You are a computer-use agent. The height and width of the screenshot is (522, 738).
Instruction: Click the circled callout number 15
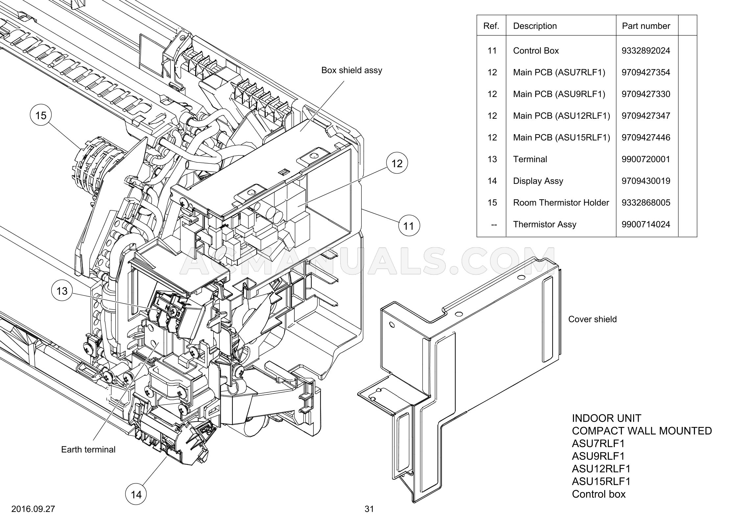coord(41,115)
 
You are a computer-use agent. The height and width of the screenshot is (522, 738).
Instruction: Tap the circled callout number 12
coord(397,163)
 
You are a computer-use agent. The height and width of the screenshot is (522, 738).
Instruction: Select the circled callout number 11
coord(409,226)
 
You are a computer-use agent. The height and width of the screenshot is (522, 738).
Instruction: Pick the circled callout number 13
coord(62,291)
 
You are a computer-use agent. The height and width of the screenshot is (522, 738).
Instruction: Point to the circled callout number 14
coord(136,494)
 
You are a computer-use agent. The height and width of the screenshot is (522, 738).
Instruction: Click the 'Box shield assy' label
coord(352,70)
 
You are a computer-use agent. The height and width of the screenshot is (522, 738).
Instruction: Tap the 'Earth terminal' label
coord(88,450)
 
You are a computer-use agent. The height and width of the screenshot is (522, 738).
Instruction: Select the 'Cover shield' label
coord(592,319)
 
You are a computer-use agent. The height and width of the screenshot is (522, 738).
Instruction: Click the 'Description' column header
coord(535,26)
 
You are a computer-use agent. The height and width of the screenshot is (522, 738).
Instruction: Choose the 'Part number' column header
coord(646,26)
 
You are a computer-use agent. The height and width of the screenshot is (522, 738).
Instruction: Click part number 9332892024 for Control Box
coord(646,51)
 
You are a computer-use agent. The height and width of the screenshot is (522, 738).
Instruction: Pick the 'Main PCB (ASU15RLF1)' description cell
coord(561,137)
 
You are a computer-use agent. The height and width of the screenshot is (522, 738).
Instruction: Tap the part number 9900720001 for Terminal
coord(646,159)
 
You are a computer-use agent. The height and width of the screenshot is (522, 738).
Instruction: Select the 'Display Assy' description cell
coord(538,181)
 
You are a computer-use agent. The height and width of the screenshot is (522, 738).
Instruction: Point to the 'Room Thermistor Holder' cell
coord(561,203)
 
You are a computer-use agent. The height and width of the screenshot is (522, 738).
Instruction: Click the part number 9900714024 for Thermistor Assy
coord(646,224)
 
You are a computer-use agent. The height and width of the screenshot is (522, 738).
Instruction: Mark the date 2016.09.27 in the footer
coord(33,509)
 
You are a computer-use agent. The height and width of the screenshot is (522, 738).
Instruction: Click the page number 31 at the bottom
coord(369,509)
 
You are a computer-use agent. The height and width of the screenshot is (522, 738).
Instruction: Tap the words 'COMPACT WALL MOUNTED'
coord(642,431)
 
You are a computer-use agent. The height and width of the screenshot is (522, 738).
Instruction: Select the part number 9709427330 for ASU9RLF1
coord(646,94)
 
